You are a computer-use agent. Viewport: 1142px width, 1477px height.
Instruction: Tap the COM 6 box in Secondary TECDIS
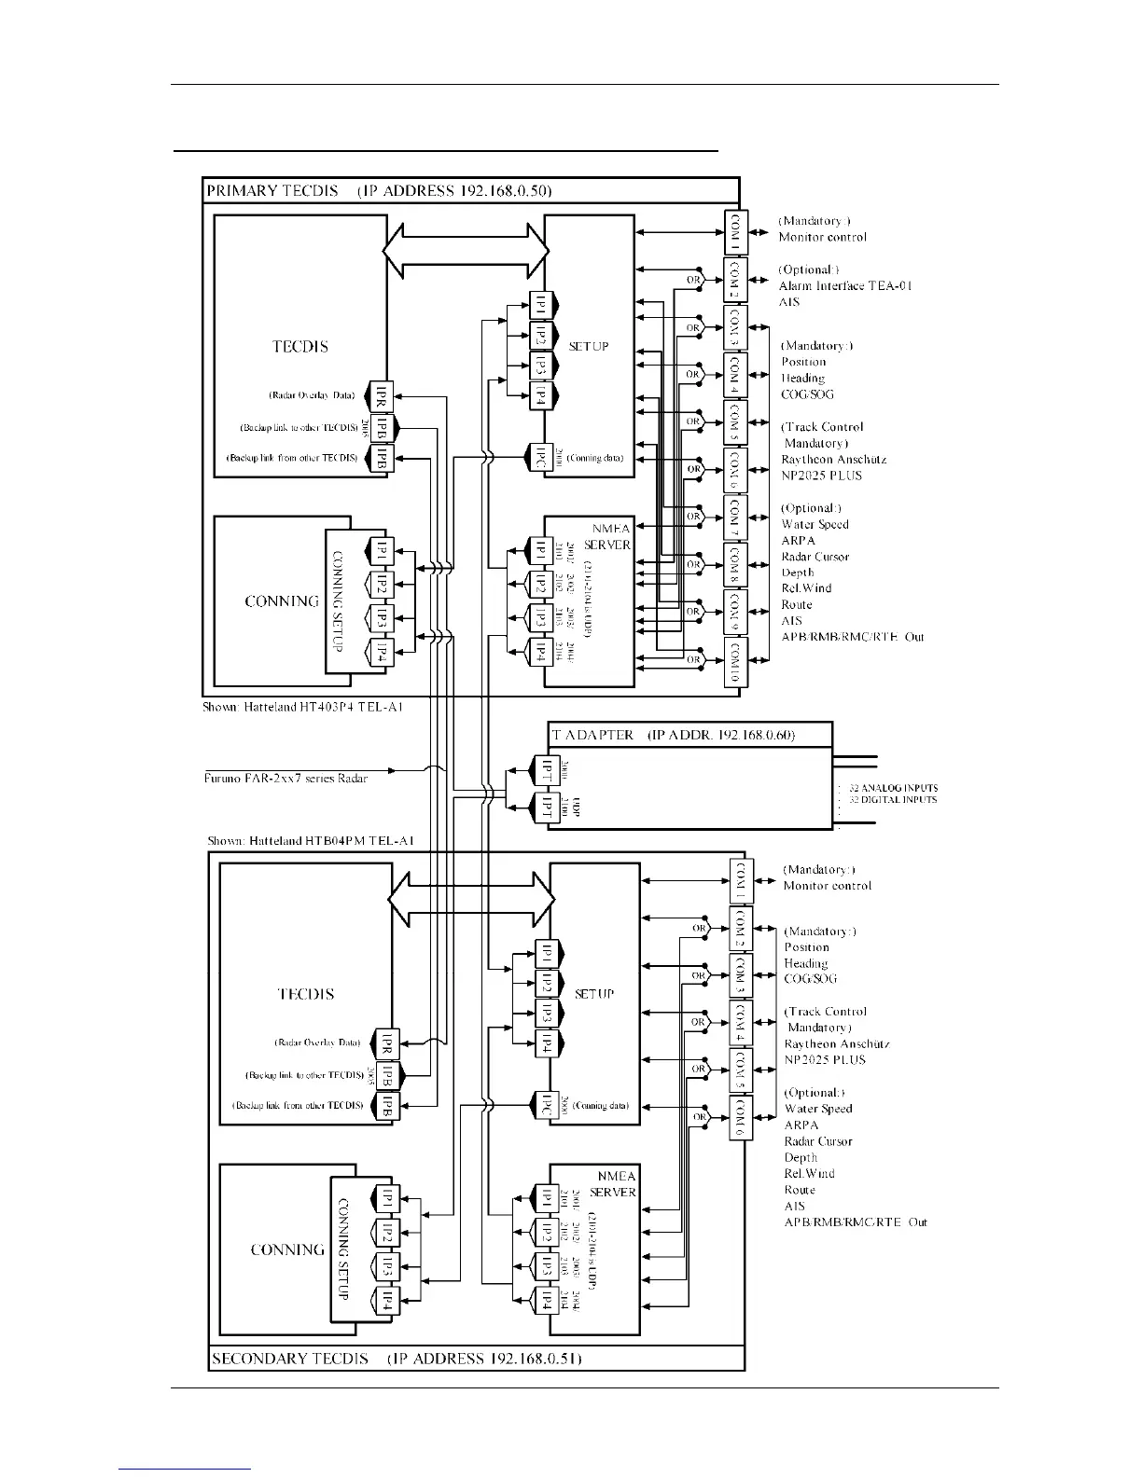point(741,1117)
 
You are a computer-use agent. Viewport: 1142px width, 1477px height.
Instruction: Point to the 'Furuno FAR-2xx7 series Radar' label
point(285,778)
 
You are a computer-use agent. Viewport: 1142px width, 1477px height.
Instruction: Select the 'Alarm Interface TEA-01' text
point(845,285)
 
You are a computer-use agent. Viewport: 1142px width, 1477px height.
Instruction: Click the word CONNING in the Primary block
point(282,600)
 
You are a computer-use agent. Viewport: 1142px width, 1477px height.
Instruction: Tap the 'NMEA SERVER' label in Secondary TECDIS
point(613,1184)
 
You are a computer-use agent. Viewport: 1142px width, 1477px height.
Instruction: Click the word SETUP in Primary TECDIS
point(589,346)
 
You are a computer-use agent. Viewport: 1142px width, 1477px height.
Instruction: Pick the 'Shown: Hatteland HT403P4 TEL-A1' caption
point(303,708)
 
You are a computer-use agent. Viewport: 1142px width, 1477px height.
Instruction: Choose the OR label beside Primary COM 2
point(693,280)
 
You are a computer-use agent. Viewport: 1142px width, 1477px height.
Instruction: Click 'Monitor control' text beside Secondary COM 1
point(827,886)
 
